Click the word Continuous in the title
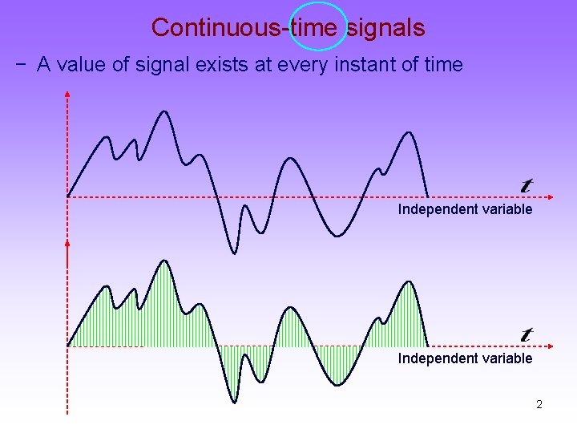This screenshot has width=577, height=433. [x=216, y=27]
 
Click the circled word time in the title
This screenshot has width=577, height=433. [x=317, y=27]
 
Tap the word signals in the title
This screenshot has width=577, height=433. [x=385, y=27]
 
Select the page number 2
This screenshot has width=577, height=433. [x=539, y=404]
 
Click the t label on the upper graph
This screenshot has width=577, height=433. [x=527, y=185]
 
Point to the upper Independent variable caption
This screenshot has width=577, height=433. [x=465, y=209]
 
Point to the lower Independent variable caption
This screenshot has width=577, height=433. [x=465, y=358]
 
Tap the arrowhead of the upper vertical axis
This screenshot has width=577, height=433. [x=67, y=95]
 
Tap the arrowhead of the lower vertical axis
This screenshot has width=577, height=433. [x=67, y=241]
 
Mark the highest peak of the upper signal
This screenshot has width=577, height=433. [x=165, y=111]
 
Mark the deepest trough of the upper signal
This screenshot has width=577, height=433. [x=234, y=253]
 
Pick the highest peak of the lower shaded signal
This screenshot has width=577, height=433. [x=165, y=261]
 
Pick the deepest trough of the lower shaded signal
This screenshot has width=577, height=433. [x=234, y=401]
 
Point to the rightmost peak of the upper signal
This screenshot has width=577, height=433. [x=410, y=132]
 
